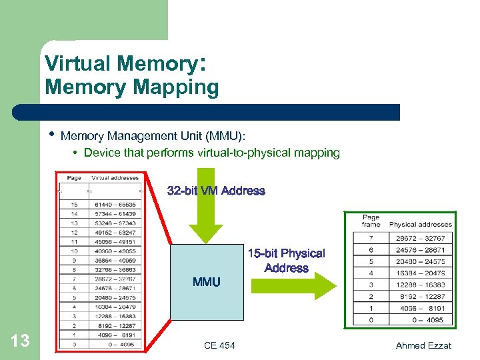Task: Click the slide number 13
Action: [21, 341]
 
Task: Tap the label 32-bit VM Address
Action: [216, 191]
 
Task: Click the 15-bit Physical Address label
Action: [286, 261]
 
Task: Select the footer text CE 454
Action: [219, 345]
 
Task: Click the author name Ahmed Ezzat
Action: [423, 345]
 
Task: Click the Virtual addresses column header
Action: [115, 178]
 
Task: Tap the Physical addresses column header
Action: [420, 225]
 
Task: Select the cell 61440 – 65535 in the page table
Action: [115, 205]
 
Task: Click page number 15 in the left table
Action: [73, 205]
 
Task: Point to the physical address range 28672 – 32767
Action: [420, 238]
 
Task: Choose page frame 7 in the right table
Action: [371, 238]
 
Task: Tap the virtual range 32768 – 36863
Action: [115, 269]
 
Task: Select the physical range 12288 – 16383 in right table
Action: [420, 285]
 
